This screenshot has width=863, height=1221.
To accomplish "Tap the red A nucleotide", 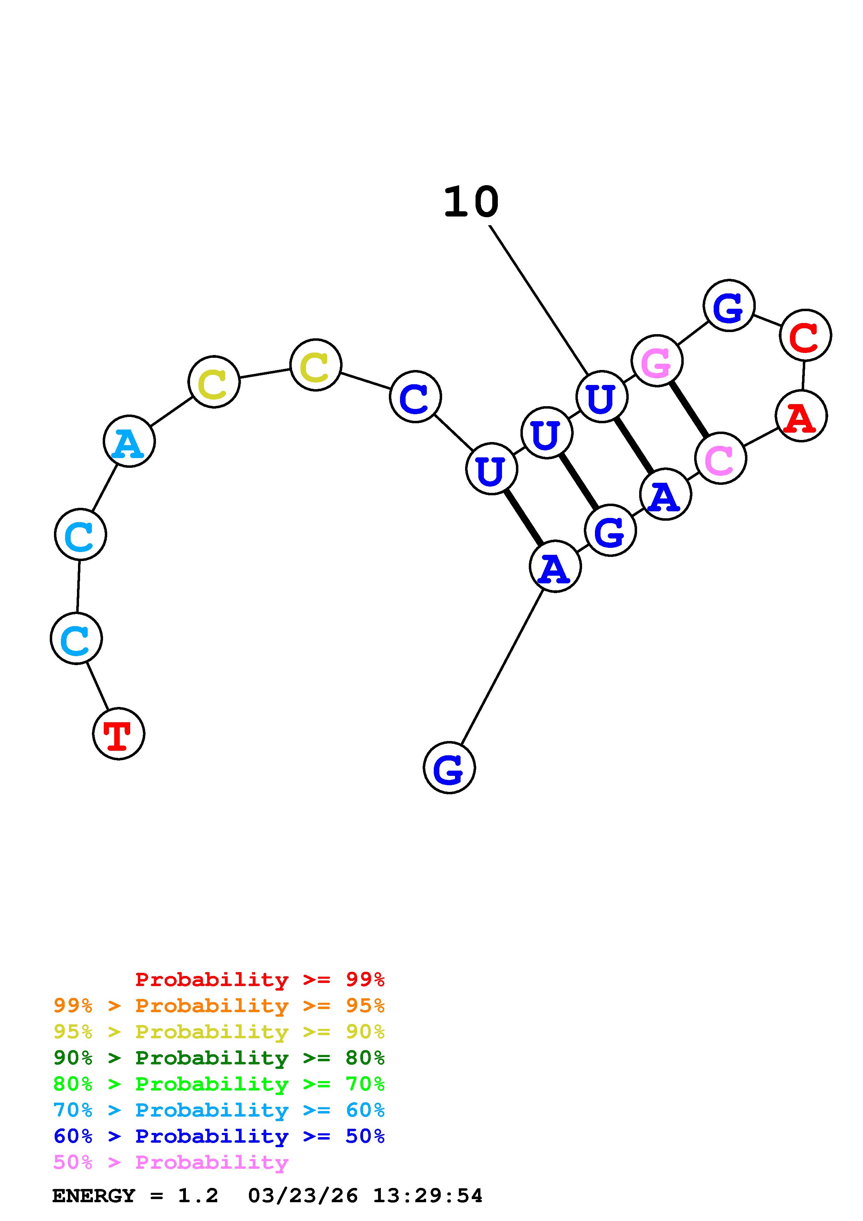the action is (801, 416).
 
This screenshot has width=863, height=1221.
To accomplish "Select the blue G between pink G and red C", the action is (729, 306).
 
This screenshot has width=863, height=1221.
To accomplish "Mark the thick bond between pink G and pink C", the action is (689, 409).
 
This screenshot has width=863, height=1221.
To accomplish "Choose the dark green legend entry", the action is (219, 1058).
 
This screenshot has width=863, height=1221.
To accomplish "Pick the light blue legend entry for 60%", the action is (219, 1110).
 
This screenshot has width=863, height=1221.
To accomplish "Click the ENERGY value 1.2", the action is (198, 1196).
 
